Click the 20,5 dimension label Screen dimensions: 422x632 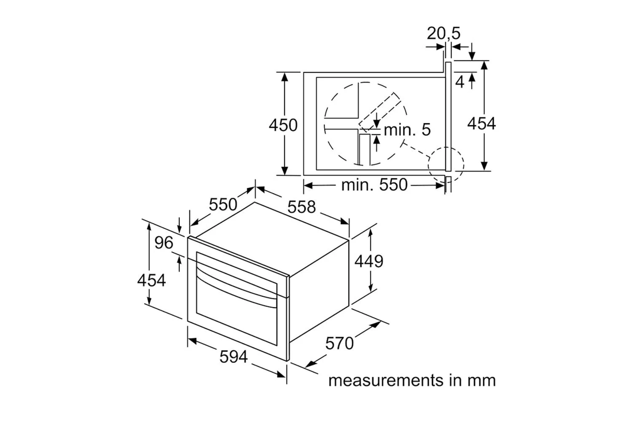pos(443,33)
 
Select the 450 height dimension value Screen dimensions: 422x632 pos(283,125)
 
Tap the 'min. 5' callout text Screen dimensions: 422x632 pos(407,130)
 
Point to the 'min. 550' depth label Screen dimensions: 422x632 pos(374,185)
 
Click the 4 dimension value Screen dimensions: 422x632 pos(460,82)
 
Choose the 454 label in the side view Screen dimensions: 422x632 pos(481,124)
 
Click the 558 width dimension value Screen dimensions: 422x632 pos(301,207)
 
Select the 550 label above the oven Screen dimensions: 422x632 pos(223,205)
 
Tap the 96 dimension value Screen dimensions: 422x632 pos(163,243)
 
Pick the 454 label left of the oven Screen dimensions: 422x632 pos(151,280)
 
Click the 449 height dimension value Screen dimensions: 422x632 pos(369,261)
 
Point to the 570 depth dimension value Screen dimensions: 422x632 pos(339,344)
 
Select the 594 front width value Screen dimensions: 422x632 pos(233,357)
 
